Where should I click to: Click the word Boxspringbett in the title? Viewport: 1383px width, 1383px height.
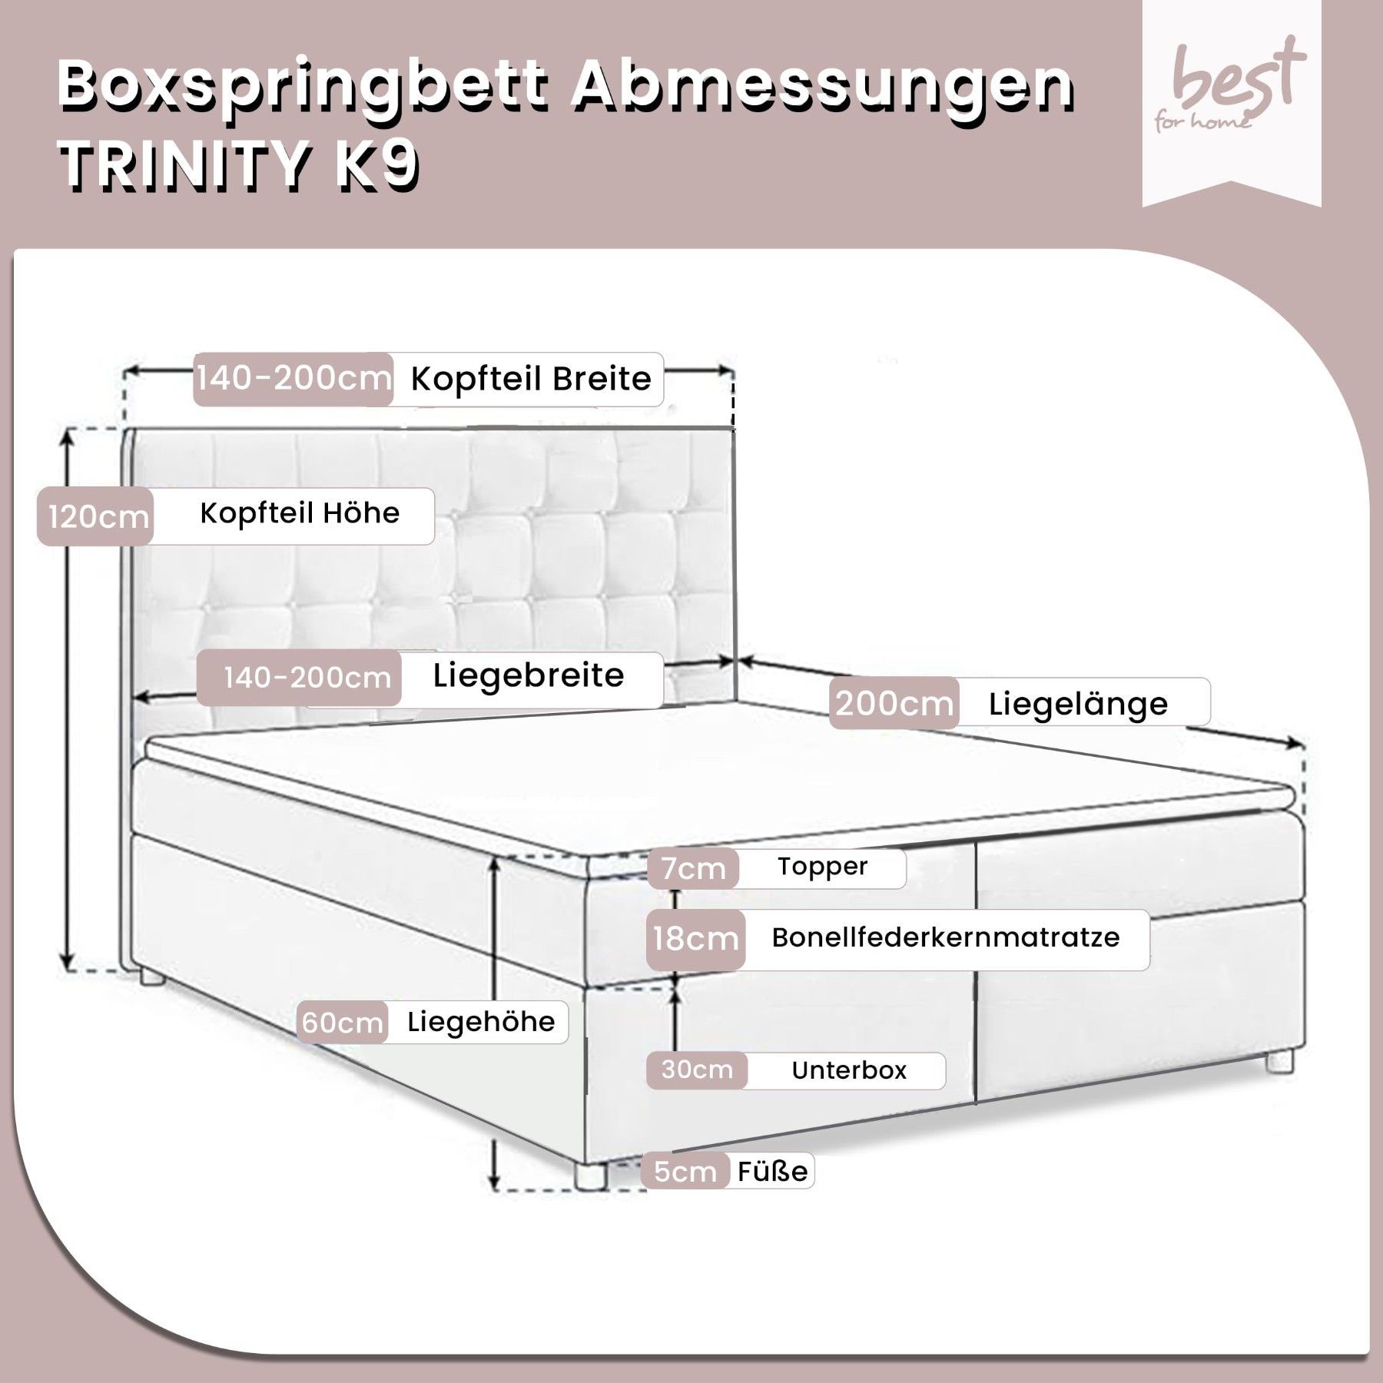pos(303,89)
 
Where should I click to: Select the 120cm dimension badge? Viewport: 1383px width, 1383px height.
pos(96,516)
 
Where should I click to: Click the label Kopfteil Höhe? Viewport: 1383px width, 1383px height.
pos(300,513)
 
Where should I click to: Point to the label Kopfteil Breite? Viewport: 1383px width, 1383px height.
pos(531,379)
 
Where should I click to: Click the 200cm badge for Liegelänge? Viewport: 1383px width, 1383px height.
pos(894,703)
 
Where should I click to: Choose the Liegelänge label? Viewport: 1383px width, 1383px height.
pos(1078,704)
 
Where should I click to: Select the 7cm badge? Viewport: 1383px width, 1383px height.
pos(693,868)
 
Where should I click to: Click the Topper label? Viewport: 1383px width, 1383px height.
pos(822,867)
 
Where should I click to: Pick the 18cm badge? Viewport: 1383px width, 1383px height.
pos(695,939)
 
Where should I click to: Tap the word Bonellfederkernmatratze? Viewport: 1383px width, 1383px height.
pos(946,937)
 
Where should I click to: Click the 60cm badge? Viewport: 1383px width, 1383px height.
pos(342,1023)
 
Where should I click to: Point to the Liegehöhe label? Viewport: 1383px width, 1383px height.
pos(481,1022)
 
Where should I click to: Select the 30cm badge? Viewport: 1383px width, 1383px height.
pos(697,1070)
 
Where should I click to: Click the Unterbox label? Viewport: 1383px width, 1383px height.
pos(849,1070)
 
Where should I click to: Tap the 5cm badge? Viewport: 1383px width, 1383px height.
pos(685,1172)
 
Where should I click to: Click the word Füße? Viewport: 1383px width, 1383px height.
pos(772,1172)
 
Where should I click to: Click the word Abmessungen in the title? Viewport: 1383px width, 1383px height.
pos(821,89)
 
